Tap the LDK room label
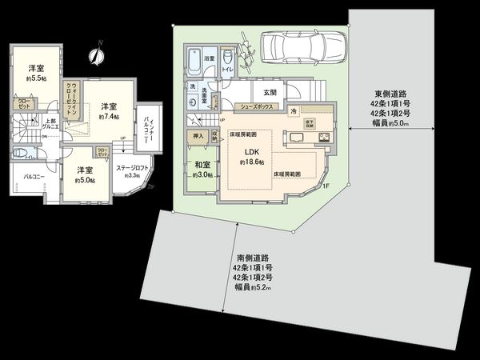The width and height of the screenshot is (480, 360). coord(250,153)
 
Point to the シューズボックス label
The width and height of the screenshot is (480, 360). coord(259,104)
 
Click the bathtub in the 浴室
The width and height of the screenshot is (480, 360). coord(193,61)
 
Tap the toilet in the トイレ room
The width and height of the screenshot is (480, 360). coord(228,59)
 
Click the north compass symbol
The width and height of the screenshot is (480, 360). coord(97,54)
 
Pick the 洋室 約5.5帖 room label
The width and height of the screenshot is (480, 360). coord(34,73)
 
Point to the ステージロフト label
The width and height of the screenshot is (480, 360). coord(129,168)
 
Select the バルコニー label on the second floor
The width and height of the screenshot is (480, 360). coord(34,175)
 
